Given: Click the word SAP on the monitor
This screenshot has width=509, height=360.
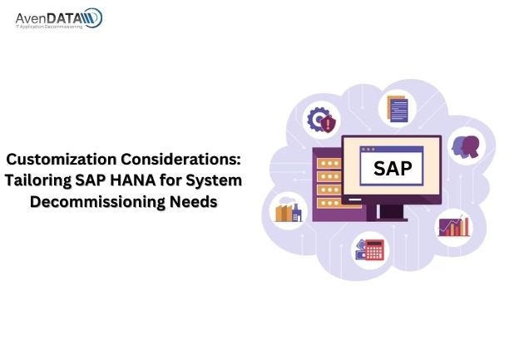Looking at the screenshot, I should [392, 168].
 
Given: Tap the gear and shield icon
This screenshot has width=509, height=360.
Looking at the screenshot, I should [321, 121].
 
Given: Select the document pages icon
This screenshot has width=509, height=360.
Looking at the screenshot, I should [395, 107].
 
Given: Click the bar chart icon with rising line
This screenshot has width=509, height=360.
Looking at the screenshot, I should [454, 225].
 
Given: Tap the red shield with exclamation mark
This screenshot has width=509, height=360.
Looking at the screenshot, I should [329, 126].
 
